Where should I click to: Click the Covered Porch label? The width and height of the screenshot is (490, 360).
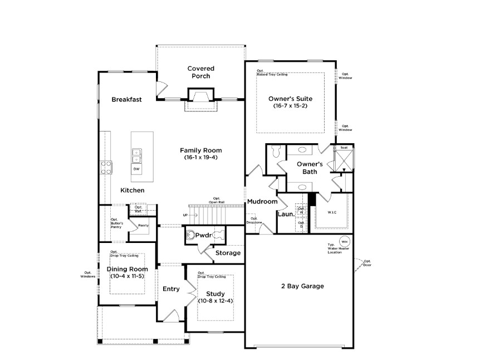[x=200, y=72]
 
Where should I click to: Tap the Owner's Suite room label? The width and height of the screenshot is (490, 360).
[x=290, y=99]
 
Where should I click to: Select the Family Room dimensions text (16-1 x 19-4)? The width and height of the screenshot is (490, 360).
[x=200, y=158]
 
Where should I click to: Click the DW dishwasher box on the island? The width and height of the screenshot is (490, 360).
[x=136, y=168]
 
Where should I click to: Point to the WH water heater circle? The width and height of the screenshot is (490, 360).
[x=344, y=241]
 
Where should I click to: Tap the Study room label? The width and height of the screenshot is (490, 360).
[x=214, y=294]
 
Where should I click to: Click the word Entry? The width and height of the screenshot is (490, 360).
[x=171, y=289]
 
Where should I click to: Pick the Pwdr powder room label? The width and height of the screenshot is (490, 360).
[x=203, y=236]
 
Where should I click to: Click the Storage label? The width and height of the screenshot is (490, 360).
[x=228, y=253]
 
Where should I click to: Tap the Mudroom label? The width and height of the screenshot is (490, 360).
[x=262, y=201]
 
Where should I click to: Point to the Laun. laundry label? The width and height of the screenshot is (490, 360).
[x=286, y=214]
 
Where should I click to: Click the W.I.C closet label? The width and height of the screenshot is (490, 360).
[x=332, y=212]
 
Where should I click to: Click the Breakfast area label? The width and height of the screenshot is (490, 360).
[x=126, y=100]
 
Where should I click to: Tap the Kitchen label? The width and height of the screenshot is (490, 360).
[x=133, y=191]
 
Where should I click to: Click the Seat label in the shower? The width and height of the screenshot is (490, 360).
[x=344, y=148]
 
